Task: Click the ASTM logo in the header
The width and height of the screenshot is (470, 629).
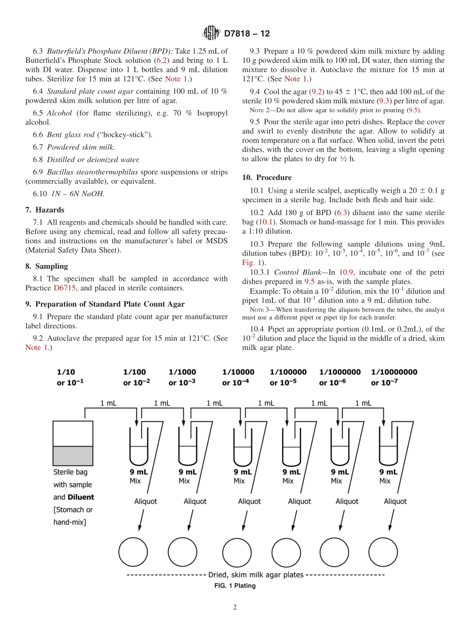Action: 211,34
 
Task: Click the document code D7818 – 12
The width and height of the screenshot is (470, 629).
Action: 247,34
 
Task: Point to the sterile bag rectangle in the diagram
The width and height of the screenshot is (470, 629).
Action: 73,443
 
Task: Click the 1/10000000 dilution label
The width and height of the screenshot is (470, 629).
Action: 394,372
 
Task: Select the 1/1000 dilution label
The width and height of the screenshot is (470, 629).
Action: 182,372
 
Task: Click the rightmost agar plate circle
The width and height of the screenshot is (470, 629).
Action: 383,551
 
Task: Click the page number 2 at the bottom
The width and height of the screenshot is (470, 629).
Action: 235,607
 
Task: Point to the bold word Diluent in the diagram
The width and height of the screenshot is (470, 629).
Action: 81,497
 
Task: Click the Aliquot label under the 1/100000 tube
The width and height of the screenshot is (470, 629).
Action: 299,501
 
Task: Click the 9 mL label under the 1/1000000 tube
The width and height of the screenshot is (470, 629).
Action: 340,472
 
